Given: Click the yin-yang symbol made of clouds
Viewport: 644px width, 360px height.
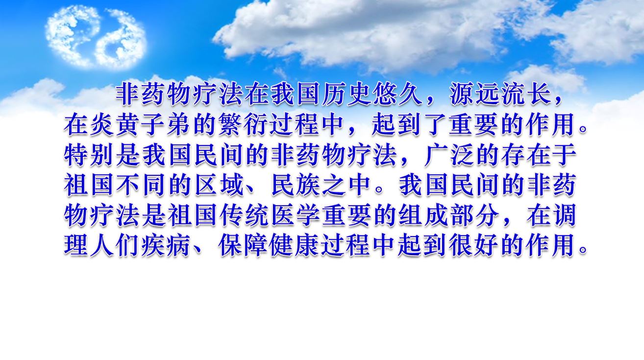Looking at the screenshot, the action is [96, 37].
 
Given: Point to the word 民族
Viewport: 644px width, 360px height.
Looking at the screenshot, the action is [296, 186].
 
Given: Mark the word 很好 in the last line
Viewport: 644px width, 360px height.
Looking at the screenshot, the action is [474, 246].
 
